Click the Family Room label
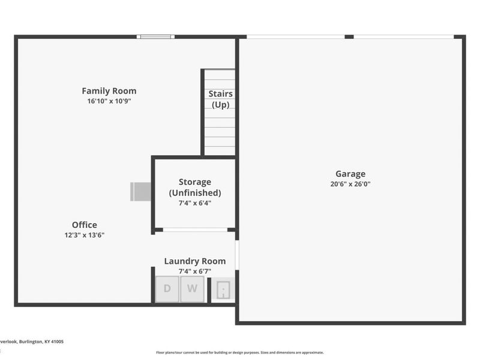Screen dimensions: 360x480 click(x=109, y=91)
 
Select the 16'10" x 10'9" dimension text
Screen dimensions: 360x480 click(x=109, y=101)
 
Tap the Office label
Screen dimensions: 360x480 click(x=85, y=225)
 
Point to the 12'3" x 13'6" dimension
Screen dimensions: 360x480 click(x=85, y=235)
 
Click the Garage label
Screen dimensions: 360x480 click(x=350, y=174)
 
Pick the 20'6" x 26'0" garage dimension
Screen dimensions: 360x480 click(x=350, y=184)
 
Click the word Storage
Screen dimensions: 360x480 click(x=195, y=182)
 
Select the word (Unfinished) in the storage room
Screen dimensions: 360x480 click(x=195, y=193)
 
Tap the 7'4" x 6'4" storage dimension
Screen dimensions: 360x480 click(x=195, y=203)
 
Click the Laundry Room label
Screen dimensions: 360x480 click(x=195, y=261)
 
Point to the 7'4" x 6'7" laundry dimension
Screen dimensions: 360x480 click(x=195, y=271)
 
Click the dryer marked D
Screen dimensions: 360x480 click(x=167, y=289)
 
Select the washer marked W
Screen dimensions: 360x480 click(x=192, y=289)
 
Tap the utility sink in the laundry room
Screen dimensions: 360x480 click(x=223, y=290)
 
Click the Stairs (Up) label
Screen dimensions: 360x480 click(x=220, y=99)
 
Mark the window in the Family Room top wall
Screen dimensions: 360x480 click(x=155, y=37)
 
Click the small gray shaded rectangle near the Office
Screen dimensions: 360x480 click(x=141, y=191)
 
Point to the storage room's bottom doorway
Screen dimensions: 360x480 click(x=195, y=230)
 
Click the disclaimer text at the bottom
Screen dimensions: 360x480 click(x=240, y=353)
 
